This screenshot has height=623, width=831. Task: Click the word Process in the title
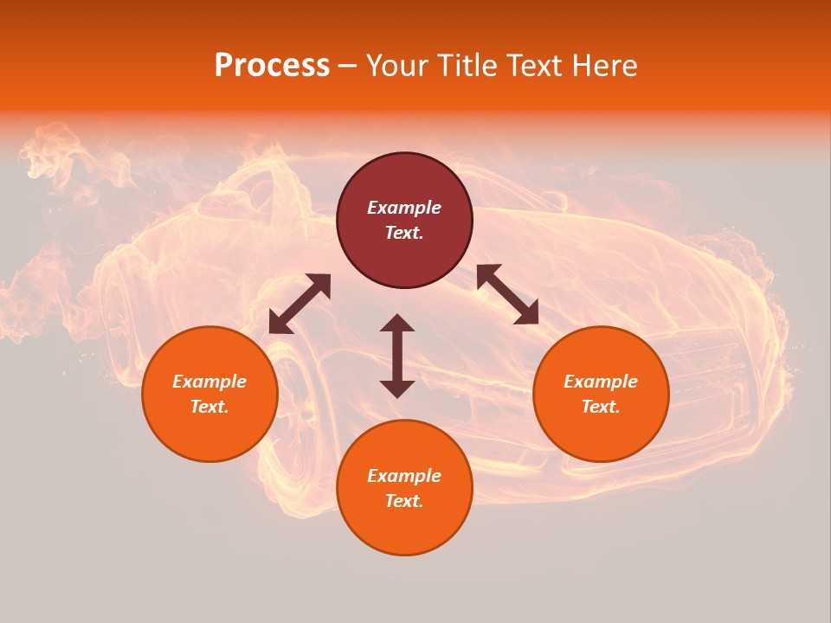click(x=272, y=66)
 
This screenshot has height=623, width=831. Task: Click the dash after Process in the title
click(x=348, y=67)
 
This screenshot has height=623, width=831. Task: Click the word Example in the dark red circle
click(x=404, y=208)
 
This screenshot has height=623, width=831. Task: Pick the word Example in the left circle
click(x=209, y=382)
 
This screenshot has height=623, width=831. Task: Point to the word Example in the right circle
click(x=601, y=382)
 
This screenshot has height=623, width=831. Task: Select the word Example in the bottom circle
click(x=404, y=476)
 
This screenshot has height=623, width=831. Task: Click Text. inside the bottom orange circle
click(x=404, y=501)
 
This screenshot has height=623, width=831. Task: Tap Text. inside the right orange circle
click(x=601, y=407)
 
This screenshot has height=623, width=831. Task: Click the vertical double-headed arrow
click(x=397, y=356)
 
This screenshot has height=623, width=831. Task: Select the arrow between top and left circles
click(x=300, y=304)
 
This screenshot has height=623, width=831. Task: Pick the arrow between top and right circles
click(x=507, y=294)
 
